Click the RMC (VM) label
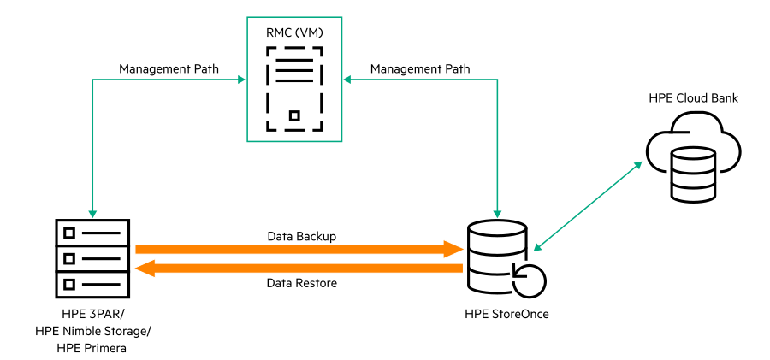click(294, 33)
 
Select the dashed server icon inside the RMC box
click(294, 89)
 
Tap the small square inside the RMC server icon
click(294, 115)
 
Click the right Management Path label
click(420, 68)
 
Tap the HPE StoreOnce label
click(506, 314)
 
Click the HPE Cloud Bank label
click(694, 98)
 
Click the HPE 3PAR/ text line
click(92, 314)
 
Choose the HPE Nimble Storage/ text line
click(92, 331)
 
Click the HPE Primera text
click(92, 348)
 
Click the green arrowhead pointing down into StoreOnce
click(498, 212)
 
